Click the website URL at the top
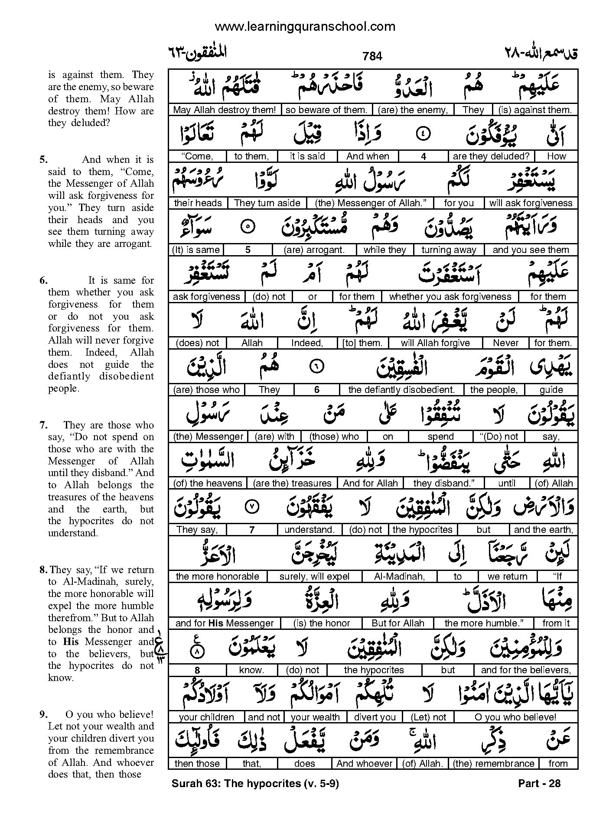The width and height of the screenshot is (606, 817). (305, 27)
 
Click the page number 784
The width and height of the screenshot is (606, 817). (372, 56)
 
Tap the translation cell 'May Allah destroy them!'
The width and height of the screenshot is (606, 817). (224, 110)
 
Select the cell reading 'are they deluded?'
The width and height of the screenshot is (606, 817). (491, 156)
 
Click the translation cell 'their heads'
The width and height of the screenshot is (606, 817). (198, 203)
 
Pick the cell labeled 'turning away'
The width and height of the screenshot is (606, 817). (449, 250)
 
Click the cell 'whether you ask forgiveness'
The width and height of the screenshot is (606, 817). (450, 297)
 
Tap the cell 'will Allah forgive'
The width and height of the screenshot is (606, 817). (435, 343)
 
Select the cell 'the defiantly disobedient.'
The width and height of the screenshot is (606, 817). (401, 390)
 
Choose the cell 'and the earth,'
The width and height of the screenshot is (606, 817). (543, 530)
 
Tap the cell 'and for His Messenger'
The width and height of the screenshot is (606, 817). (225, 623)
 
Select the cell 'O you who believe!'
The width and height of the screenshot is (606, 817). (515, 717)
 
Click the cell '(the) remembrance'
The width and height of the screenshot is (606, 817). (494, 764)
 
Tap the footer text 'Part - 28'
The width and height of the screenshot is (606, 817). (539, 783)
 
